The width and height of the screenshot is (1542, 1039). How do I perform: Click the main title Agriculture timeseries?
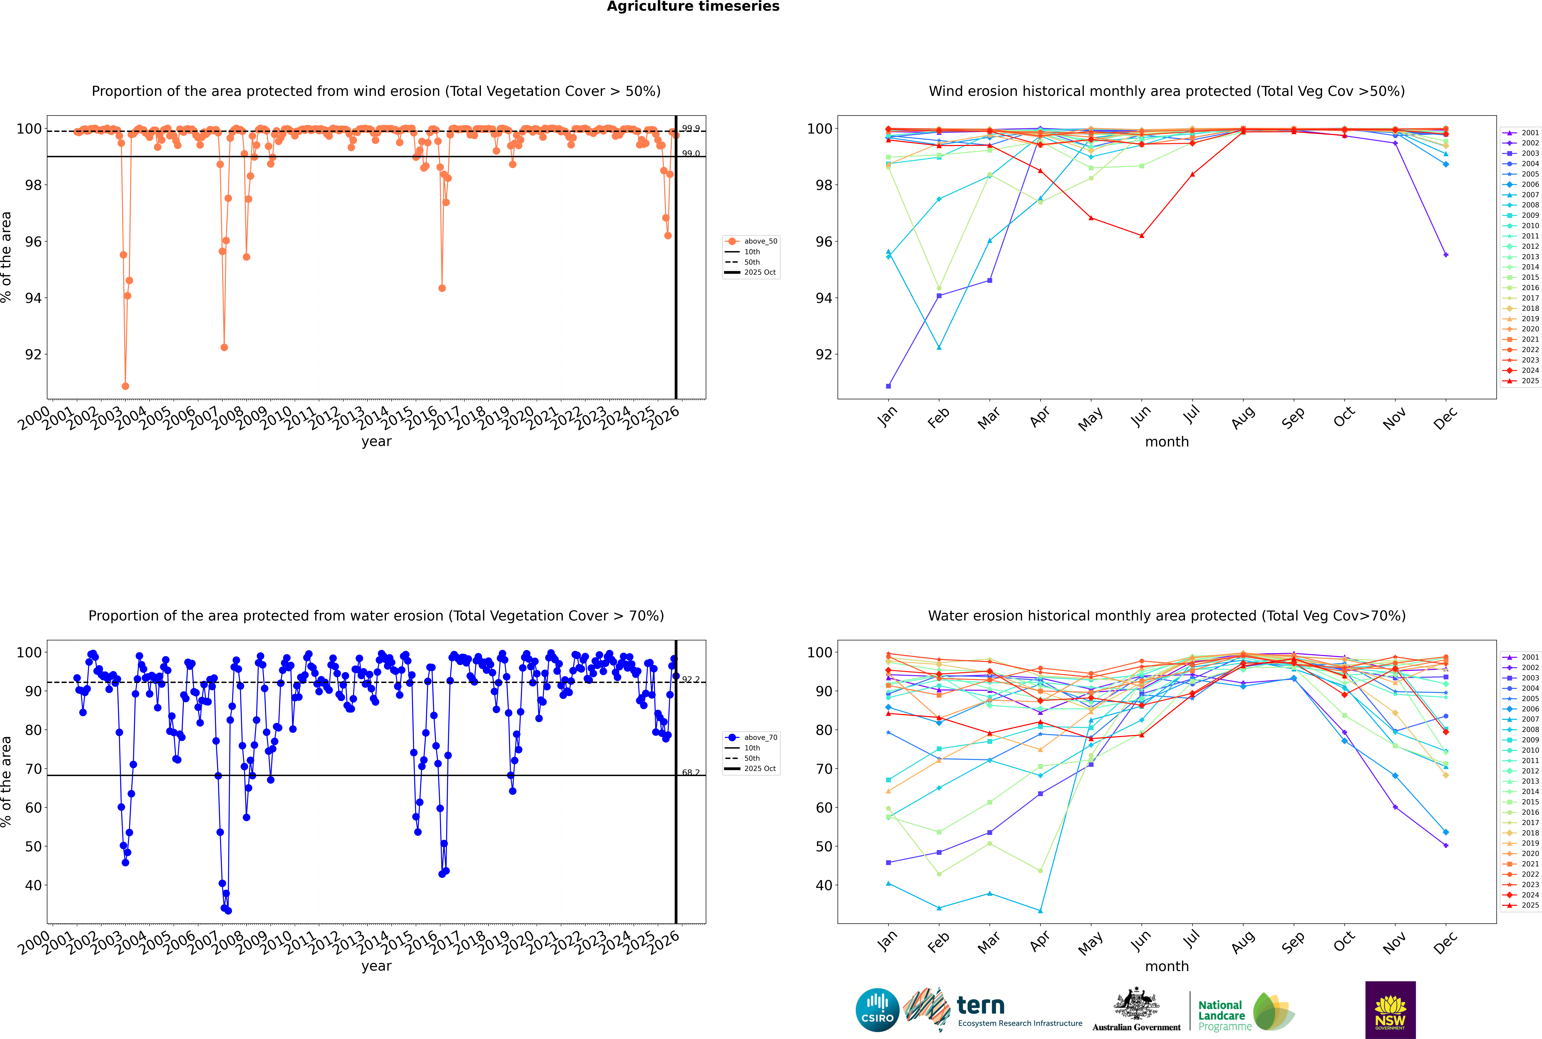[x=693, y=7]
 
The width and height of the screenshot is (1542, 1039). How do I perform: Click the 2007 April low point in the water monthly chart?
[x=1040, y=910]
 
